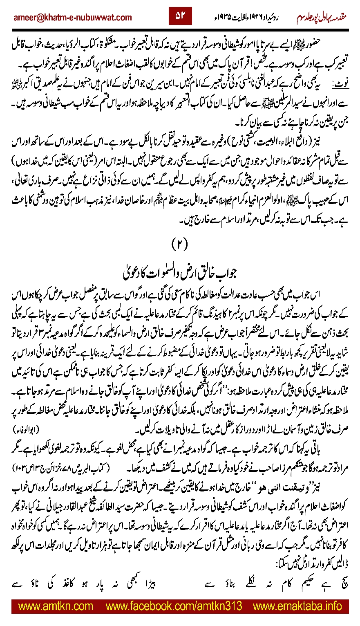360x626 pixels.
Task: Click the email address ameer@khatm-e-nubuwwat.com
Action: tap(72, 17)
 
